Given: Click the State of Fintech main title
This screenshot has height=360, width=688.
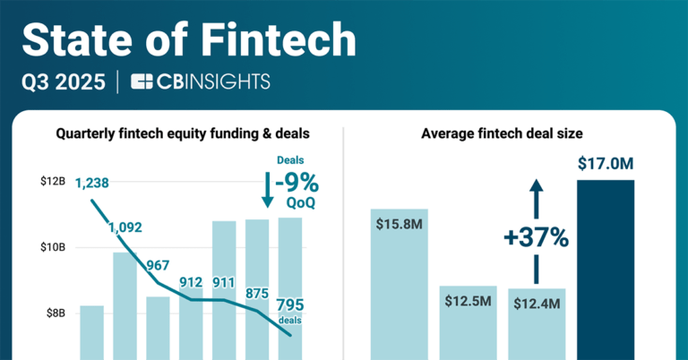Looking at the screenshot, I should [188, 40].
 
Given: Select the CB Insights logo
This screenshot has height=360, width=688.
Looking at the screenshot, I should [200, 82].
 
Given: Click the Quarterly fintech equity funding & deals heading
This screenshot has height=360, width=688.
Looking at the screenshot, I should [183, 133].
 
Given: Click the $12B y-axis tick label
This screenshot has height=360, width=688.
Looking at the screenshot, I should [52, 182].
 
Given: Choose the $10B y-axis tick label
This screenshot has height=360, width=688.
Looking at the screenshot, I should [52, 247].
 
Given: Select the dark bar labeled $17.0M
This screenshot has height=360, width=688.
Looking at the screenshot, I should [606, 269].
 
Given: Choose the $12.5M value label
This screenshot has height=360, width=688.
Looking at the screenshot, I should [468, 300].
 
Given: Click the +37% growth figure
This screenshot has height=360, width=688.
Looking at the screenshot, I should [536, 237].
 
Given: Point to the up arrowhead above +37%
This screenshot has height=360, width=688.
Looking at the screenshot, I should [536, 184].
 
